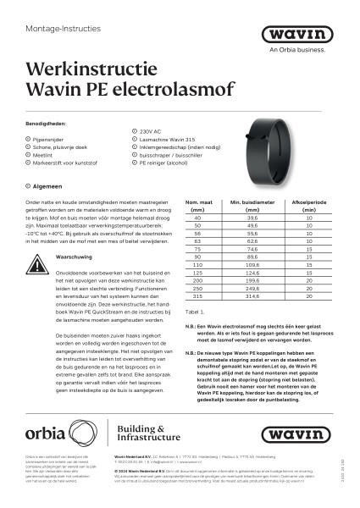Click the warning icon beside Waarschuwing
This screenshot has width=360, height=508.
[38, 257]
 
